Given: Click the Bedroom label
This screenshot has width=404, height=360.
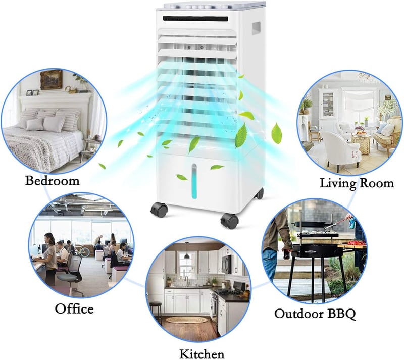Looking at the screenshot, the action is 53,180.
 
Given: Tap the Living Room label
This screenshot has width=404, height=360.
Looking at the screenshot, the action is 357,183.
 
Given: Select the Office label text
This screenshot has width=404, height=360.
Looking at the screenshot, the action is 74,308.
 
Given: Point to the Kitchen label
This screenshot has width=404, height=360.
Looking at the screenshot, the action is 201,354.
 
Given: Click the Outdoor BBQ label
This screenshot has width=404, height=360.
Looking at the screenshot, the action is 315,314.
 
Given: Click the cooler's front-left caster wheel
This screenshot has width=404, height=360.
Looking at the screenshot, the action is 159,210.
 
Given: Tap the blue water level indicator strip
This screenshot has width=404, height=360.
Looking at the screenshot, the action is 194,181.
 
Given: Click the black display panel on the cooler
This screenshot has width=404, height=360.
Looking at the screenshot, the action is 195,19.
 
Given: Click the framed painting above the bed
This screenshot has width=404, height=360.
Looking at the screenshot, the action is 52,80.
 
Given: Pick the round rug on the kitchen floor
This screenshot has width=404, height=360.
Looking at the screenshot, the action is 187,320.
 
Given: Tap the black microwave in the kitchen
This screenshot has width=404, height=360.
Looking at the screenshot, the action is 227,264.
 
